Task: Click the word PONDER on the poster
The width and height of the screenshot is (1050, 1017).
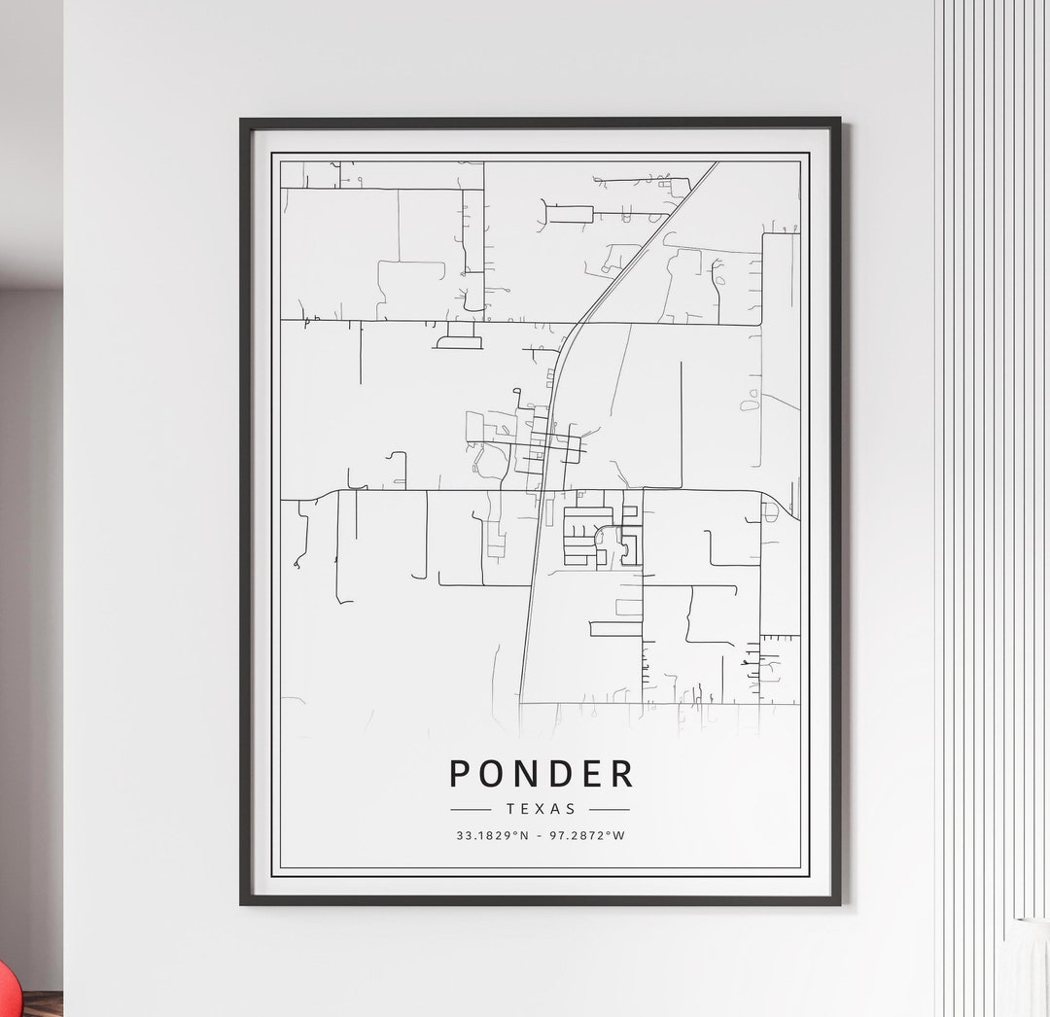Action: tap(541, 774)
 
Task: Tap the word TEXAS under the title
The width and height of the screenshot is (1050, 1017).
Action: tap(541, 809)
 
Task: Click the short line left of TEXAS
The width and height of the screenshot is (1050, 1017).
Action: tap(471, 809)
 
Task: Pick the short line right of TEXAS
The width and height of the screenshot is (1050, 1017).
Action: tap(610, 809)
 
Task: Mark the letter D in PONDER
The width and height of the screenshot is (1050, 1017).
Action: tap(559, 774)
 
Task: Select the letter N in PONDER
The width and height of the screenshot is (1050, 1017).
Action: tap(526, 774)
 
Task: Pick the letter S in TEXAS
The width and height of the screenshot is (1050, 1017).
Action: tap(571, 809)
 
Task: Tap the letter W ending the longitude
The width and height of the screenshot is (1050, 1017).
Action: tap(619, 835)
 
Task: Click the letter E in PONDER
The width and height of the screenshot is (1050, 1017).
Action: tap(591, 774)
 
